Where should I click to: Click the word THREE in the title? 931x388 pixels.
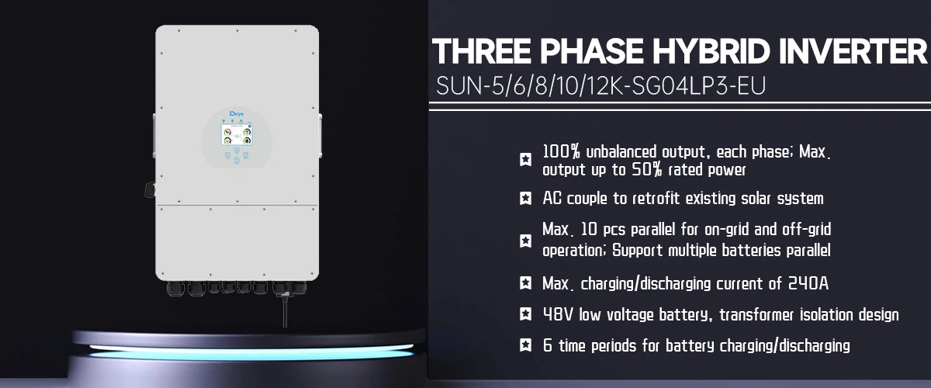pyautogui.click(x=482, y=51)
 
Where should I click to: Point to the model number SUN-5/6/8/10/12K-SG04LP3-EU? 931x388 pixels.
pyautogui.click(x=600, y=86)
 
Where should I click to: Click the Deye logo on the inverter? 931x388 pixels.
pyautogui.click(x=237, y=113)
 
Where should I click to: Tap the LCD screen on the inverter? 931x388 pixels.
pyautogui.click(x=237, y=135)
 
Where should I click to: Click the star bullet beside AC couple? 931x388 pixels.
pyautogui.click(x=525, y=199)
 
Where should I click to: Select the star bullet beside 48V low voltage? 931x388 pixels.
pyautogui.click(x=525, y=314)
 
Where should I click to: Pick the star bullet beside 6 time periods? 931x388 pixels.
pyautogui.click(x=525, y=345)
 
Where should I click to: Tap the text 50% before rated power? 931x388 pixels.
pyautogui.click(x=647, y=170)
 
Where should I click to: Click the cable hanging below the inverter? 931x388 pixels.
pyautogui.click(x=285, y=310)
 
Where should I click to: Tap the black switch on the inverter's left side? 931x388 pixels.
pyautogui.click(x=150, y=189)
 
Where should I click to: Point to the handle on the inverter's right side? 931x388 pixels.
pyautogui.click(x=320, y=136)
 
